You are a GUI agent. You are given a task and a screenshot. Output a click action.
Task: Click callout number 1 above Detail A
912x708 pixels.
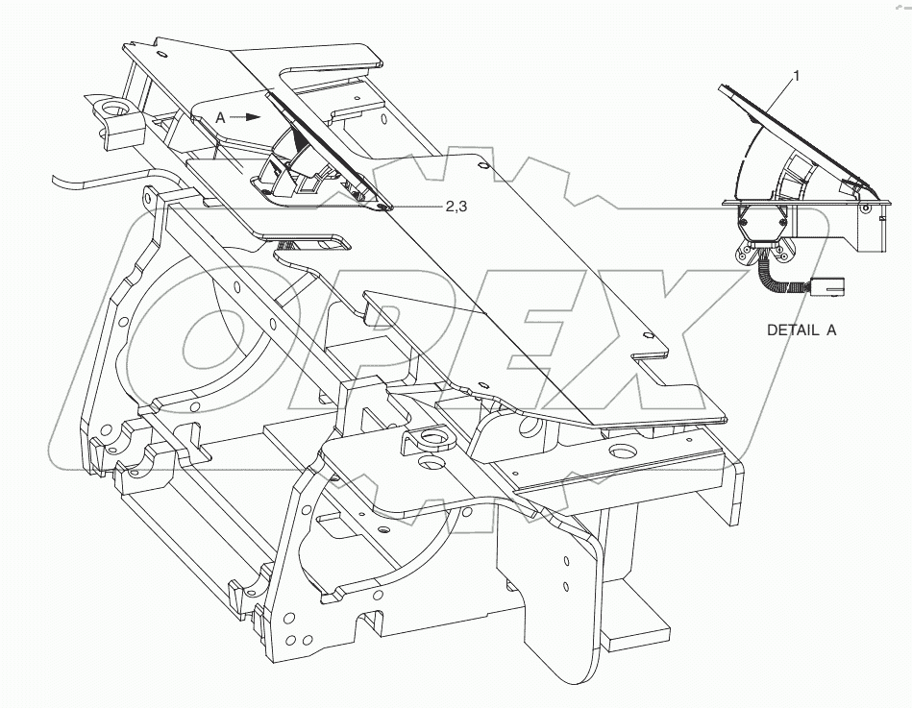click(x=795, y=73)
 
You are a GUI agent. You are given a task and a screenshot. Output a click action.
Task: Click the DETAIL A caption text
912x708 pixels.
click(x=801, y=330)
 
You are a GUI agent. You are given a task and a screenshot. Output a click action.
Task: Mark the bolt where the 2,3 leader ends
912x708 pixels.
click(x=382, y=206)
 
